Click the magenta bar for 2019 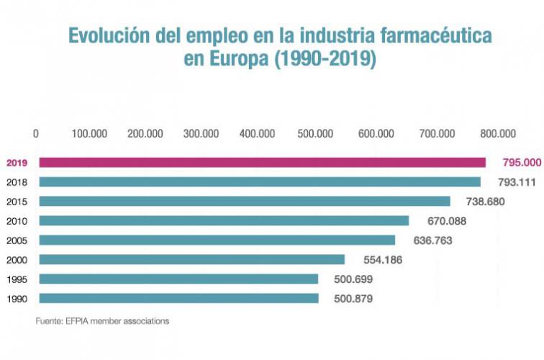point(262,163)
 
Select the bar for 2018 point(260,182)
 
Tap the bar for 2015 point(245,202)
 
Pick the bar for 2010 point(224,220)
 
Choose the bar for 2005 point(217,240)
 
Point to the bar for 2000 point(192,259)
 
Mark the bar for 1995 point(178,279)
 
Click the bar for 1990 point(178,297)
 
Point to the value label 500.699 point(351,279)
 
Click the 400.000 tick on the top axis point(257,133)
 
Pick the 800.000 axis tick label point(498,133)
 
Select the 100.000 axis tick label point(89,133)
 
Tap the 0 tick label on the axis point(36,133)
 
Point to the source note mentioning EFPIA point(103,321)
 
